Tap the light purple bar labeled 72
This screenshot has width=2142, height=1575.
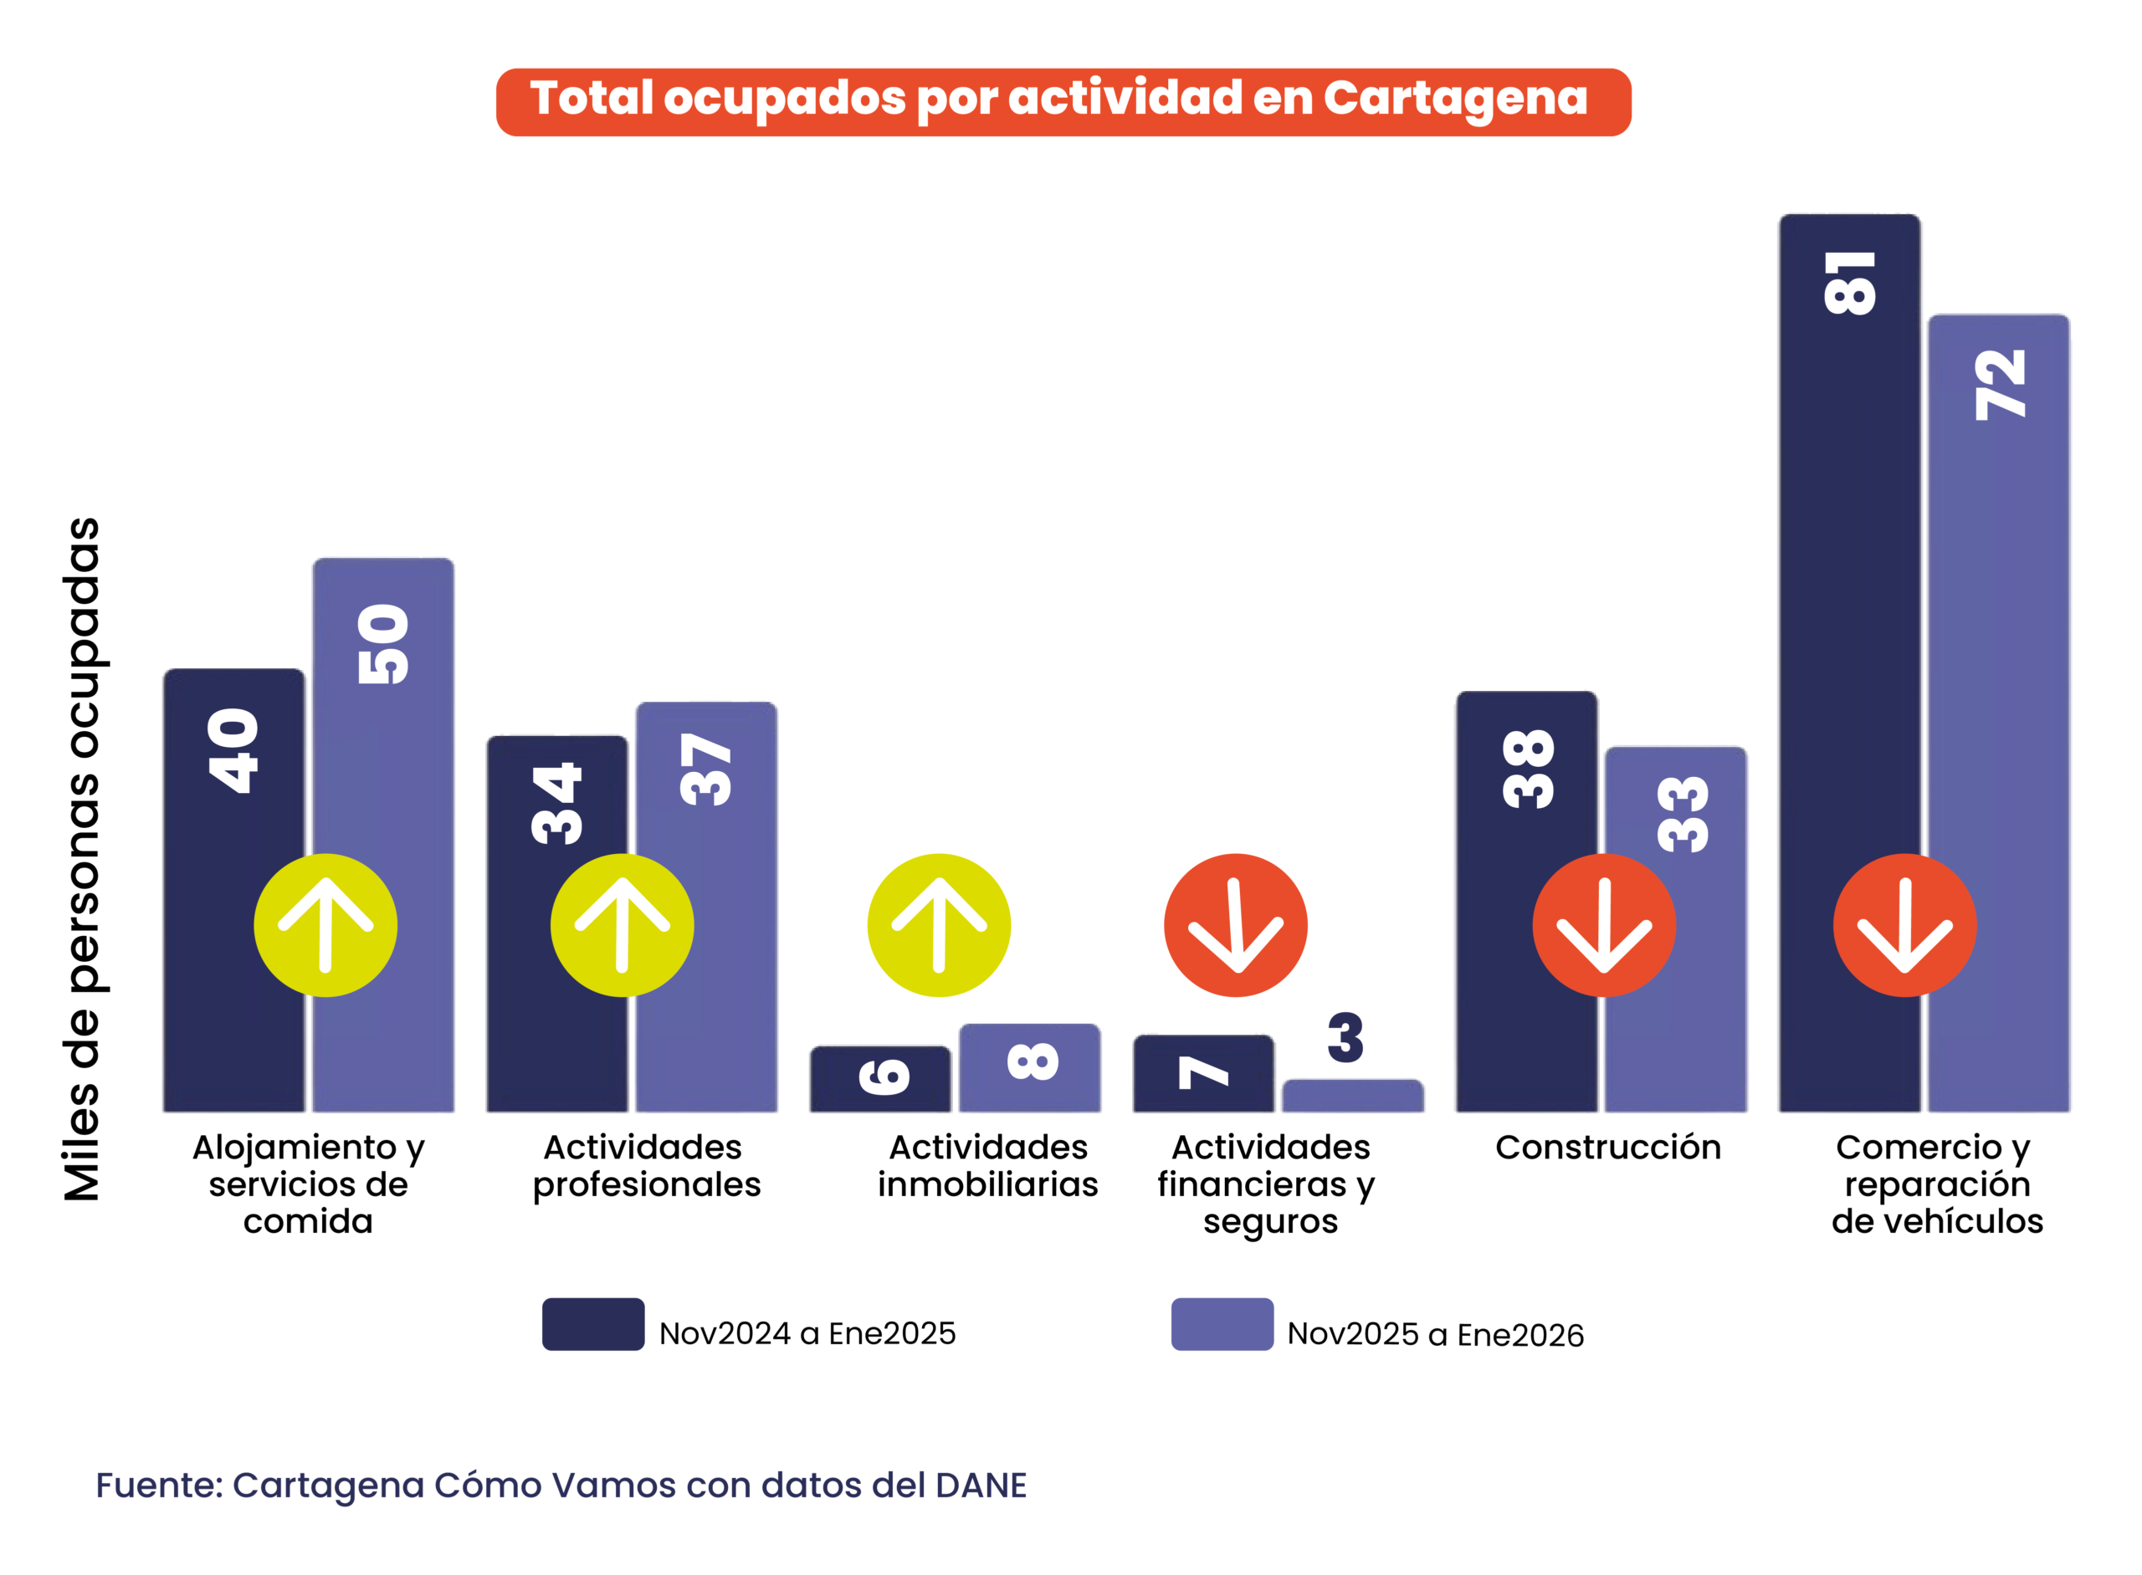(1998, 667)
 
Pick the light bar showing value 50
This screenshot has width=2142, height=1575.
(383, 763)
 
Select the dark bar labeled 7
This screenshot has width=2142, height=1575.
(1202, 1073)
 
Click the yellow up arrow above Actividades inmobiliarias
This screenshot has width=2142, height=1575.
(939, 925)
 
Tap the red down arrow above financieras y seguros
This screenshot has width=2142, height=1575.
(1235, 925)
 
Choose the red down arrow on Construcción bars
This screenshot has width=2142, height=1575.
(1603, 925)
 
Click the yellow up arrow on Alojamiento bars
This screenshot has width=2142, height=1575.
(325, 925)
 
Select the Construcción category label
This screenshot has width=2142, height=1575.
(1608, 1147)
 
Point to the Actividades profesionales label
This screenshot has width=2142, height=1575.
(646, 1165)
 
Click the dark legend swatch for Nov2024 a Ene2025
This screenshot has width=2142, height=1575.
(592, 1323)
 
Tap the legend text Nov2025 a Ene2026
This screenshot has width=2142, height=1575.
(1434, 1334)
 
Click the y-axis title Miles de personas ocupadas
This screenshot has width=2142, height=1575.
(83, 858)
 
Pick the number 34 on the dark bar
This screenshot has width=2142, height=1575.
(557, 803)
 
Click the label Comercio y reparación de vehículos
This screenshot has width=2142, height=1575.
(1936, 1184)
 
